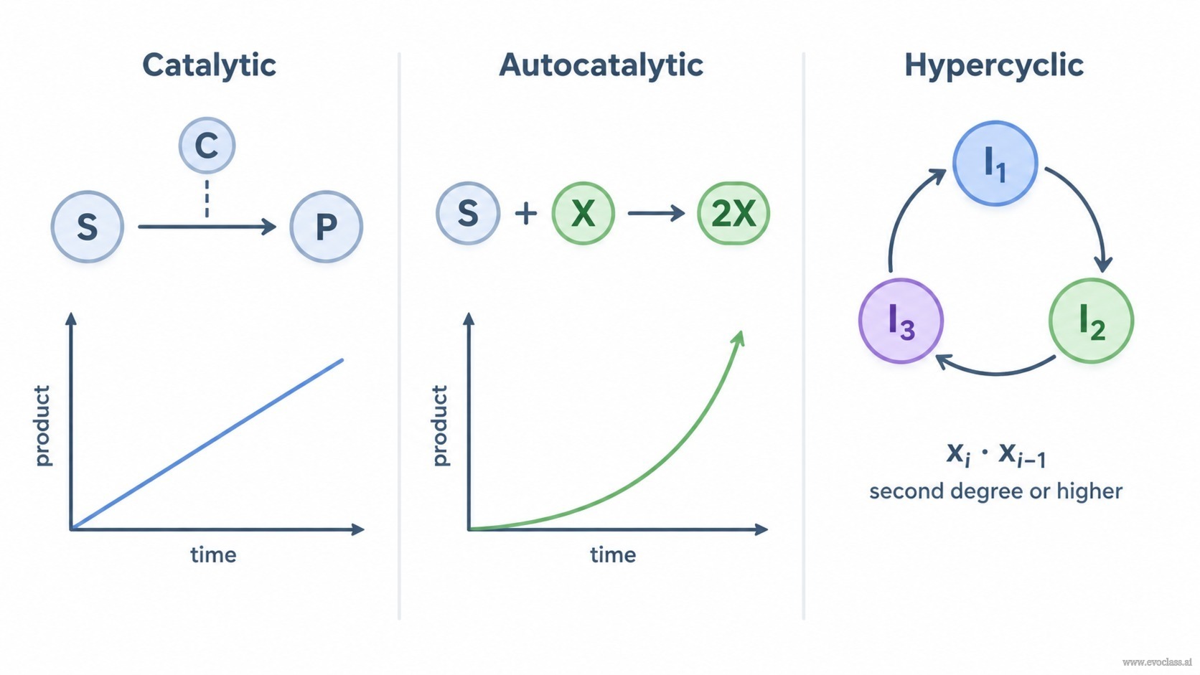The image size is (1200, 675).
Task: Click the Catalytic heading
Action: tap(209, 66)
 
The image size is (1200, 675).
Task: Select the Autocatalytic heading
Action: tap(601, 66)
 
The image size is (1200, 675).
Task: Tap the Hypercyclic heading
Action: tap(994, 66)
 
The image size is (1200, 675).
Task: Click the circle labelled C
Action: tap(207, 145)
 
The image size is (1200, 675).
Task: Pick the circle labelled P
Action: tap(327, 227)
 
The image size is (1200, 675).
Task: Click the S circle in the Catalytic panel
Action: tap(88, 227)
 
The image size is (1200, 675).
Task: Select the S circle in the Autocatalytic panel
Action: tap(468, 213)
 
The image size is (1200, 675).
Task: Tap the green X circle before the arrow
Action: tap(583, 213)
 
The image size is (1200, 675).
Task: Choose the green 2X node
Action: tap(733, 213)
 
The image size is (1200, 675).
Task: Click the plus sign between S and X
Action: tap(526, 214)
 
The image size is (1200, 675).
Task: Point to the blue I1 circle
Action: tap(995, 164)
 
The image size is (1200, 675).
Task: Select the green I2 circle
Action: tap(1091, 321)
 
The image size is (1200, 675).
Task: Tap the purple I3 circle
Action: tap(901, 321)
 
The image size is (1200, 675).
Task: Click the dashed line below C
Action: tap(207, 199)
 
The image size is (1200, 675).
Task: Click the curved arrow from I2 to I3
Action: tap(995, 372)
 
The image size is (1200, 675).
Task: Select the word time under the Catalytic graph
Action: tap(213, 554)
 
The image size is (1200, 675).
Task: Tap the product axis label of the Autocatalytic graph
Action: tap(440, 425)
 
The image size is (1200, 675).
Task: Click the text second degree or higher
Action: tap(995, 491)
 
